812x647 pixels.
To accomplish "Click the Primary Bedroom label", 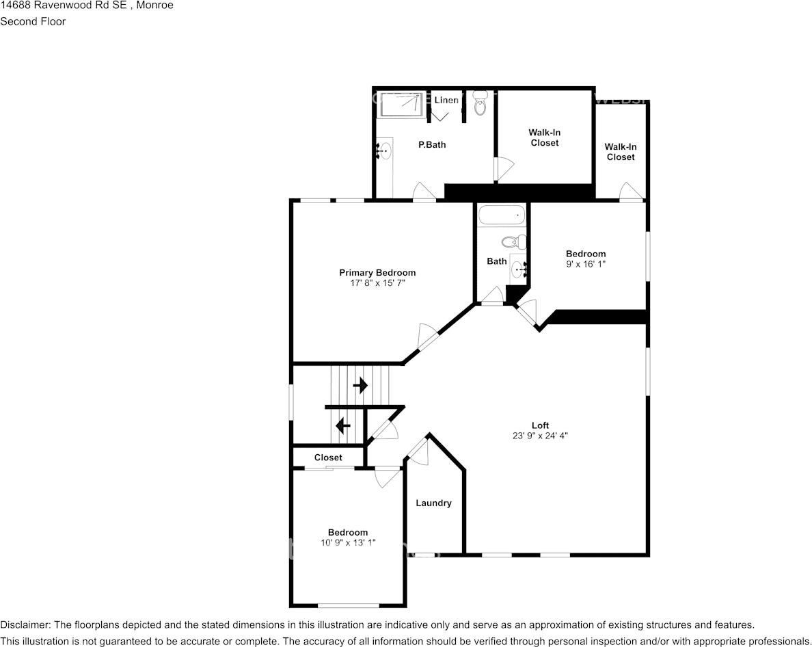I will click(x=377, y=273).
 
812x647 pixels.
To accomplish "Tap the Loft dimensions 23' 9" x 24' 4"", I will click(x=540, y=436).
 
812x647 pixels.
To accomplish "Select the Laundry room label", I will click(x=433, y=503).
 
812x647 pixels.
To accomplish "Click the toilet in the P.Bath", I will click(x=480, y=106).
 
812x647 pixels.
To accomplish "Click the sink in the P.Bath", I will click(x=385, y=150).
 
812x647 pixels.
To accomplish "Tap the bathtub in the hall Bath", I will click(x=501, y=216).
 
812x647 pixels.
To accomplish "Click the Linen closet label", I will click(x=446, y=101).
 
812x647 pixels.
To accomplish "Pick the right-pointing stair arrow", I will click(x=360, y=386).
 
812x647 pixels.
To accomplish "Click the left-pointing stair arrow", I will click(x=343, y=426).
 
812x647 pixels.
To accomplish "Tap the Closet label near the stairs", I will click(x=328, y=458).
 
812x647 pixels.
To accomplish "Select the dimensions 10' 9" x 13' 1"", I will click(x=348, y=542).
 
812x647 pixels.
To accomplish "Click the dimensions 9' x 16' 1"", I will click(x=585, y=263).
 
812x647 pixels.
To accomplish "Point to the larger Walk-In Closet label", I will click(x=544, y=137).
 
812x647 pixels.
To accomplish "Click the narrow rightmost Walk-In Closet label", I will click(x=620, y=152).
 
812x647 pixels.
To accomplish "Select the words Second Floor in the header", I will click(x=33, y=21).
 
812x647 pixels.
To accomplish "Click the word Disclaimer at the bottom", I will click(x=25, y=625).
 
